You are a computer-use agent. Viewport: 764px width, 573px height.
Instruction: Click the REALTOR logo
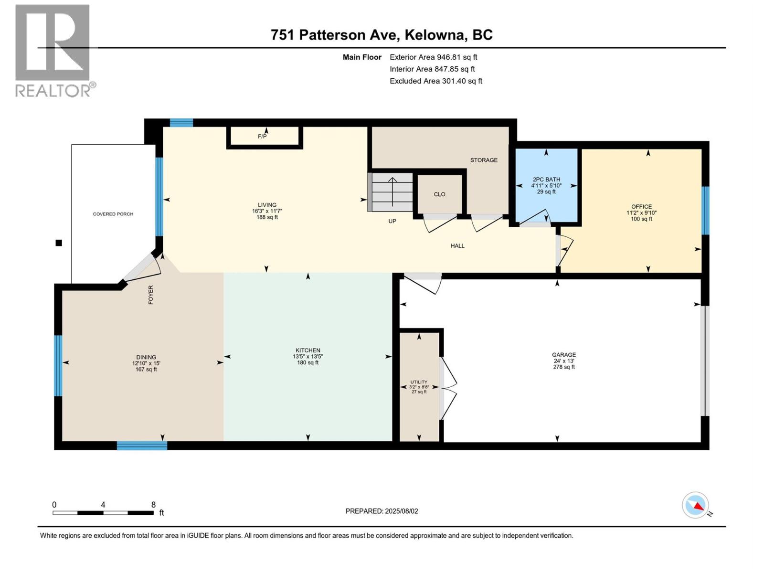53,50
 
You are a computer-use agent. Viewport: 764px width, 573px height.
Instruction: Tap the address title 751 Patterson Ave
382,35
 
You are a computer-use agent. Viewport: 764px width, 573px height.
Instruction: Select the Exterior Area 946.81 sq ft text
433,57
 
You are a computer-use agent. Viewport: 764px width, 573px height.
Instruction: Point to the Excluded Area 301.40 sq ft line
435,81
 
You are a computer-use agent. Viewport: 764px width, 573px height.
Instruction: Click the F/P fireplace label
262,137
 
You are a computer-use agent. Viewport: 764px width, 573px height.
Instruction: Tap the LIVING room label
267,211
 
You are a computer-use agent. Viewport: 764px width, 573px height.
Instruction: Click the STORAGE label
484,160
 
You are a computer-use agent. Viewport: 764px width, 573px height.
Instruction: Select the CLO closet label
439,194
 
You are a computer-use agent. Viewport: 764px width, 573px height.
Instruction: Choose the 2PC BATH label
546,185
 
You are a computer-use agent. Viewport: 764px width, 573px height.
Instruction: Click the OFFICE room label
641,212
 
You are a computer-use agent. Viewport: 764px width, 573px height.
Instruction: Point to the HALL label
457,246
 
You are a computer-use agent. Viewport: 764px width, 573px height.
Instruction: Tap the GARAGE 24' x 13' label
564,361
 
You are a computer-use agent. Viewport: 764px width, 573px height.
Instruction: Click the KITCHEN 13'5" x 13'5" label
308,356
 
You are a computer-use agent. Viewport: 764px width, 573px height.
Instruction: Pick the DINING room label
146,363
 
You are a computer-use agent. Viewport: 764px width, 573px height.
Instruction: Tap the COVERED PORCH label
113,214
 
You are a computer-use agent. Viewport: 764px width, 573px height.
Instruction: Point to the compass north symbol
696,505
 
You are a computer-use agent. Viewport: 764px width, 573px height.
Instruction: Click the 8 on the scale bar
153,505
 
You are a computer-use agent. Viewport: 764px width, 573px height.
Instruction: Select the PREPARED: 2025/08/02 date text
382,511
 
